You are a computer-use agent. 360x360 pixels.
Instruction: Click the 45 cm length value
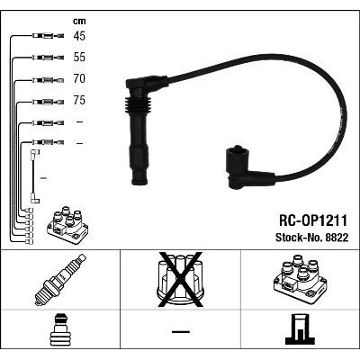(x=79, y=36)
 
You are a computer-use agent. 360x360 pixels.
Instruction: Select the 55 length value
(x=79, y=57)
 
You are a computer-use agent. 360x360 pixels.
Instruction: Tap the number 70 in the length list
(x=79, y=78)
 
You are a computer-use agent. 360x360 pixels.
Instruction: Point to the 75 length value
(x=79, y=100)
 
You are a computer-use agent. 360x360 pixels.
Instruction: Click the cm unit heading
(x=79, y=21)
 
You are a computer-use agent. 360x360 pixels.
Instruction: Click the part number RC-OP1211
(x=313, y=220)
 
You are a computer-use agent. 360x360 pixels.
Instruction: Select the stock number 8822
(x=337, y=238)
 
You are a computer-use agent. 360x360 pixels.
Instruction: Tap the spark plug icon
(x=60, y=280)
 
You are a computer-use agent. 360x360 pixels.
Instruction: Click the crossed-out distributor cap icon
(x=180, y=280)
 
